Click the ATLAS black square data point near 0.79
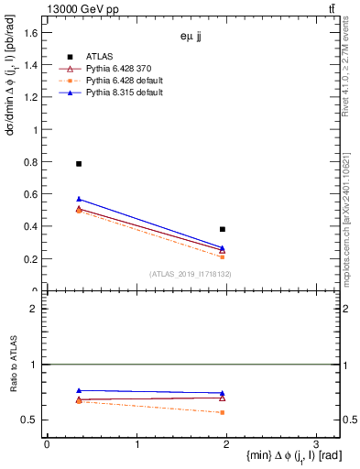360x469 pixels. click(x=79, y=164)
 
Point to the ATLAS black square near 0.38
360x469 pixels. click(x=223, y=229)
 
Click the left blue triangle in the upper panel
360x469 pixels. click(x=79, y=199)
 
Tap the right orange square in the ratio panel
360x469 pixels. click(x=223, y=412)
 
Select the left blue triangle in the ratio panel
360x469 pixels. click(x=79, y=391)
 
